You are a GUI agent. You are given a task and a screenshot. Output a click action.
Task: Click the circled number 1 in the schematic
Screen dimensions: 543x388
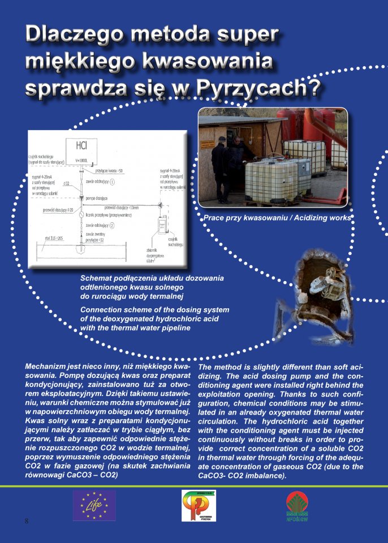point(112,182)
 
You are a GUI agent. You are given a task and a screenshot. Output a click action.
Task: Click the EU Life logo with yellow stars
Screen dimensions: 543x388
point(94,505)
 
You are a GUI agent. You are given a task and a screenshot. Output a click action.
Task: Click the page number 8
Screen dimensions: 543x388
point(26,520)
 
